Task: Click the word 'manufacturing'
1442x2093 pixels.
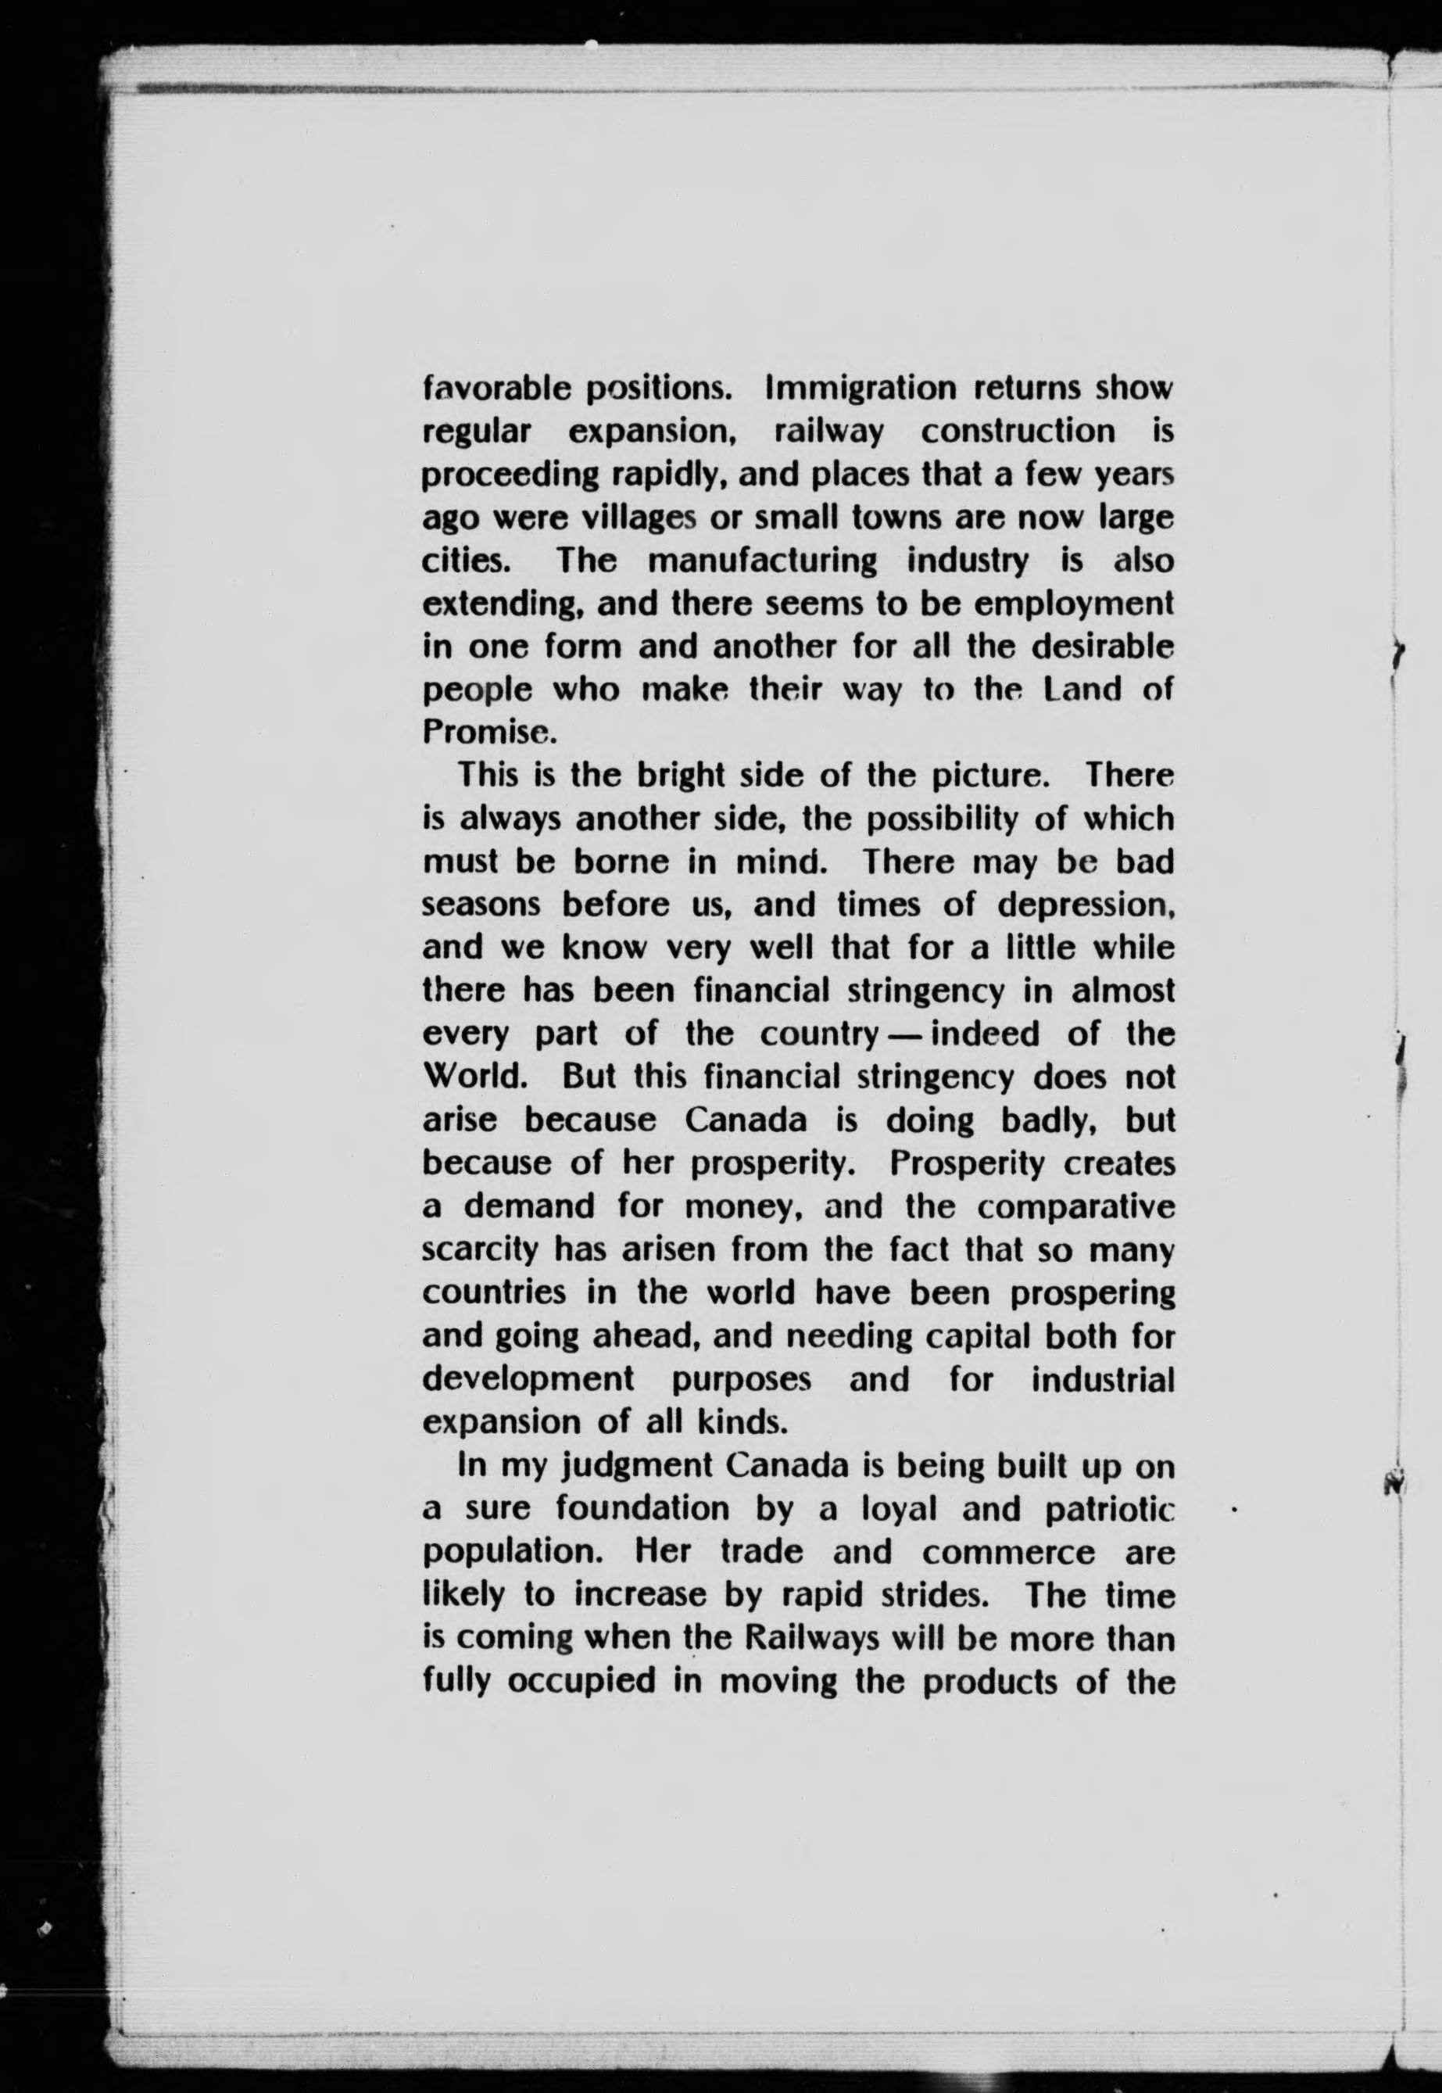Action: point(762,561)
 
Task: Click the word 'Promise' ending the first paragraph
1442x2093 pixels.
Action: point(485,732)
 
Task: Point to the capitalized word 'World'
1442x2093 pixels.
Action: point(479,1077)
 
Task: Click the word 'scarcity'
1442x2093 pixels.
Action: point(481,1250)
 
